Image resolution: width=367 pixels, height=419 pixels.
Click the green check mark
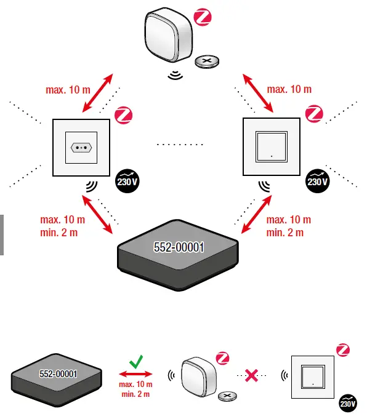[x=136, y=363]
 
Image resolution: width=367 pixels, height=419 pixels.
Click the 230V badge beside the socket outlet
[x=126, y=182]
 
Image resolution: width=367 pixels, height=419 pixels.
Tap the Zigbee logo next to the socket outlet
[x=124, y=115]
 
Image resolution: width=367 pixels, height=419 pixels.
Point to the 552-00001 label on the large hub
[x=179, y=247]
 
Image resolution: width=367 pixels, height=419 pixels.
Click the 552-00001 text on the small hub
[x=58, y=374]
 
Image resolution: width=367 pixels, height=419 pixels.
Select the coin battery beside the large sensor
[x=207, y=61]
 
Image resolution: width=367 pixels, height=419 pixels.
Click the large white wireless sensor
[x=168, y=36]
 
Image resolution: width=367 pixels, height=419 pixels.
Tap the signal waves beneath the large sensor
[x=177, y=76]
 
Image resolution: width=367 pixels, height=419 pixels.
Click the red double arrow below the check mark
[x=136, y=375]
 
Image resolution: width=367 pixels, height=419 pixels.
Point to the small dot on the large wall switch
[x=272, y=156]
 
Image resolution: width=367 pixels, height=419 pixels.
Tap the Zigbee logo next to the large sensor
[x=203, y=17]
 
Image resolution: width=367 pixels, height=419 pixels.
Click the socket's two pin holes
[x=81, y=148]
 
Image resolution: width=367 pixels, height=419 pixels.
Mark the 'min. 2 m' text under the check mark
[x=136, y=393]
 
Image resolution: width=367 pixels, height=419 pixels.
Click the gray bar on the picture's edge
[x=2, y=234]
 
